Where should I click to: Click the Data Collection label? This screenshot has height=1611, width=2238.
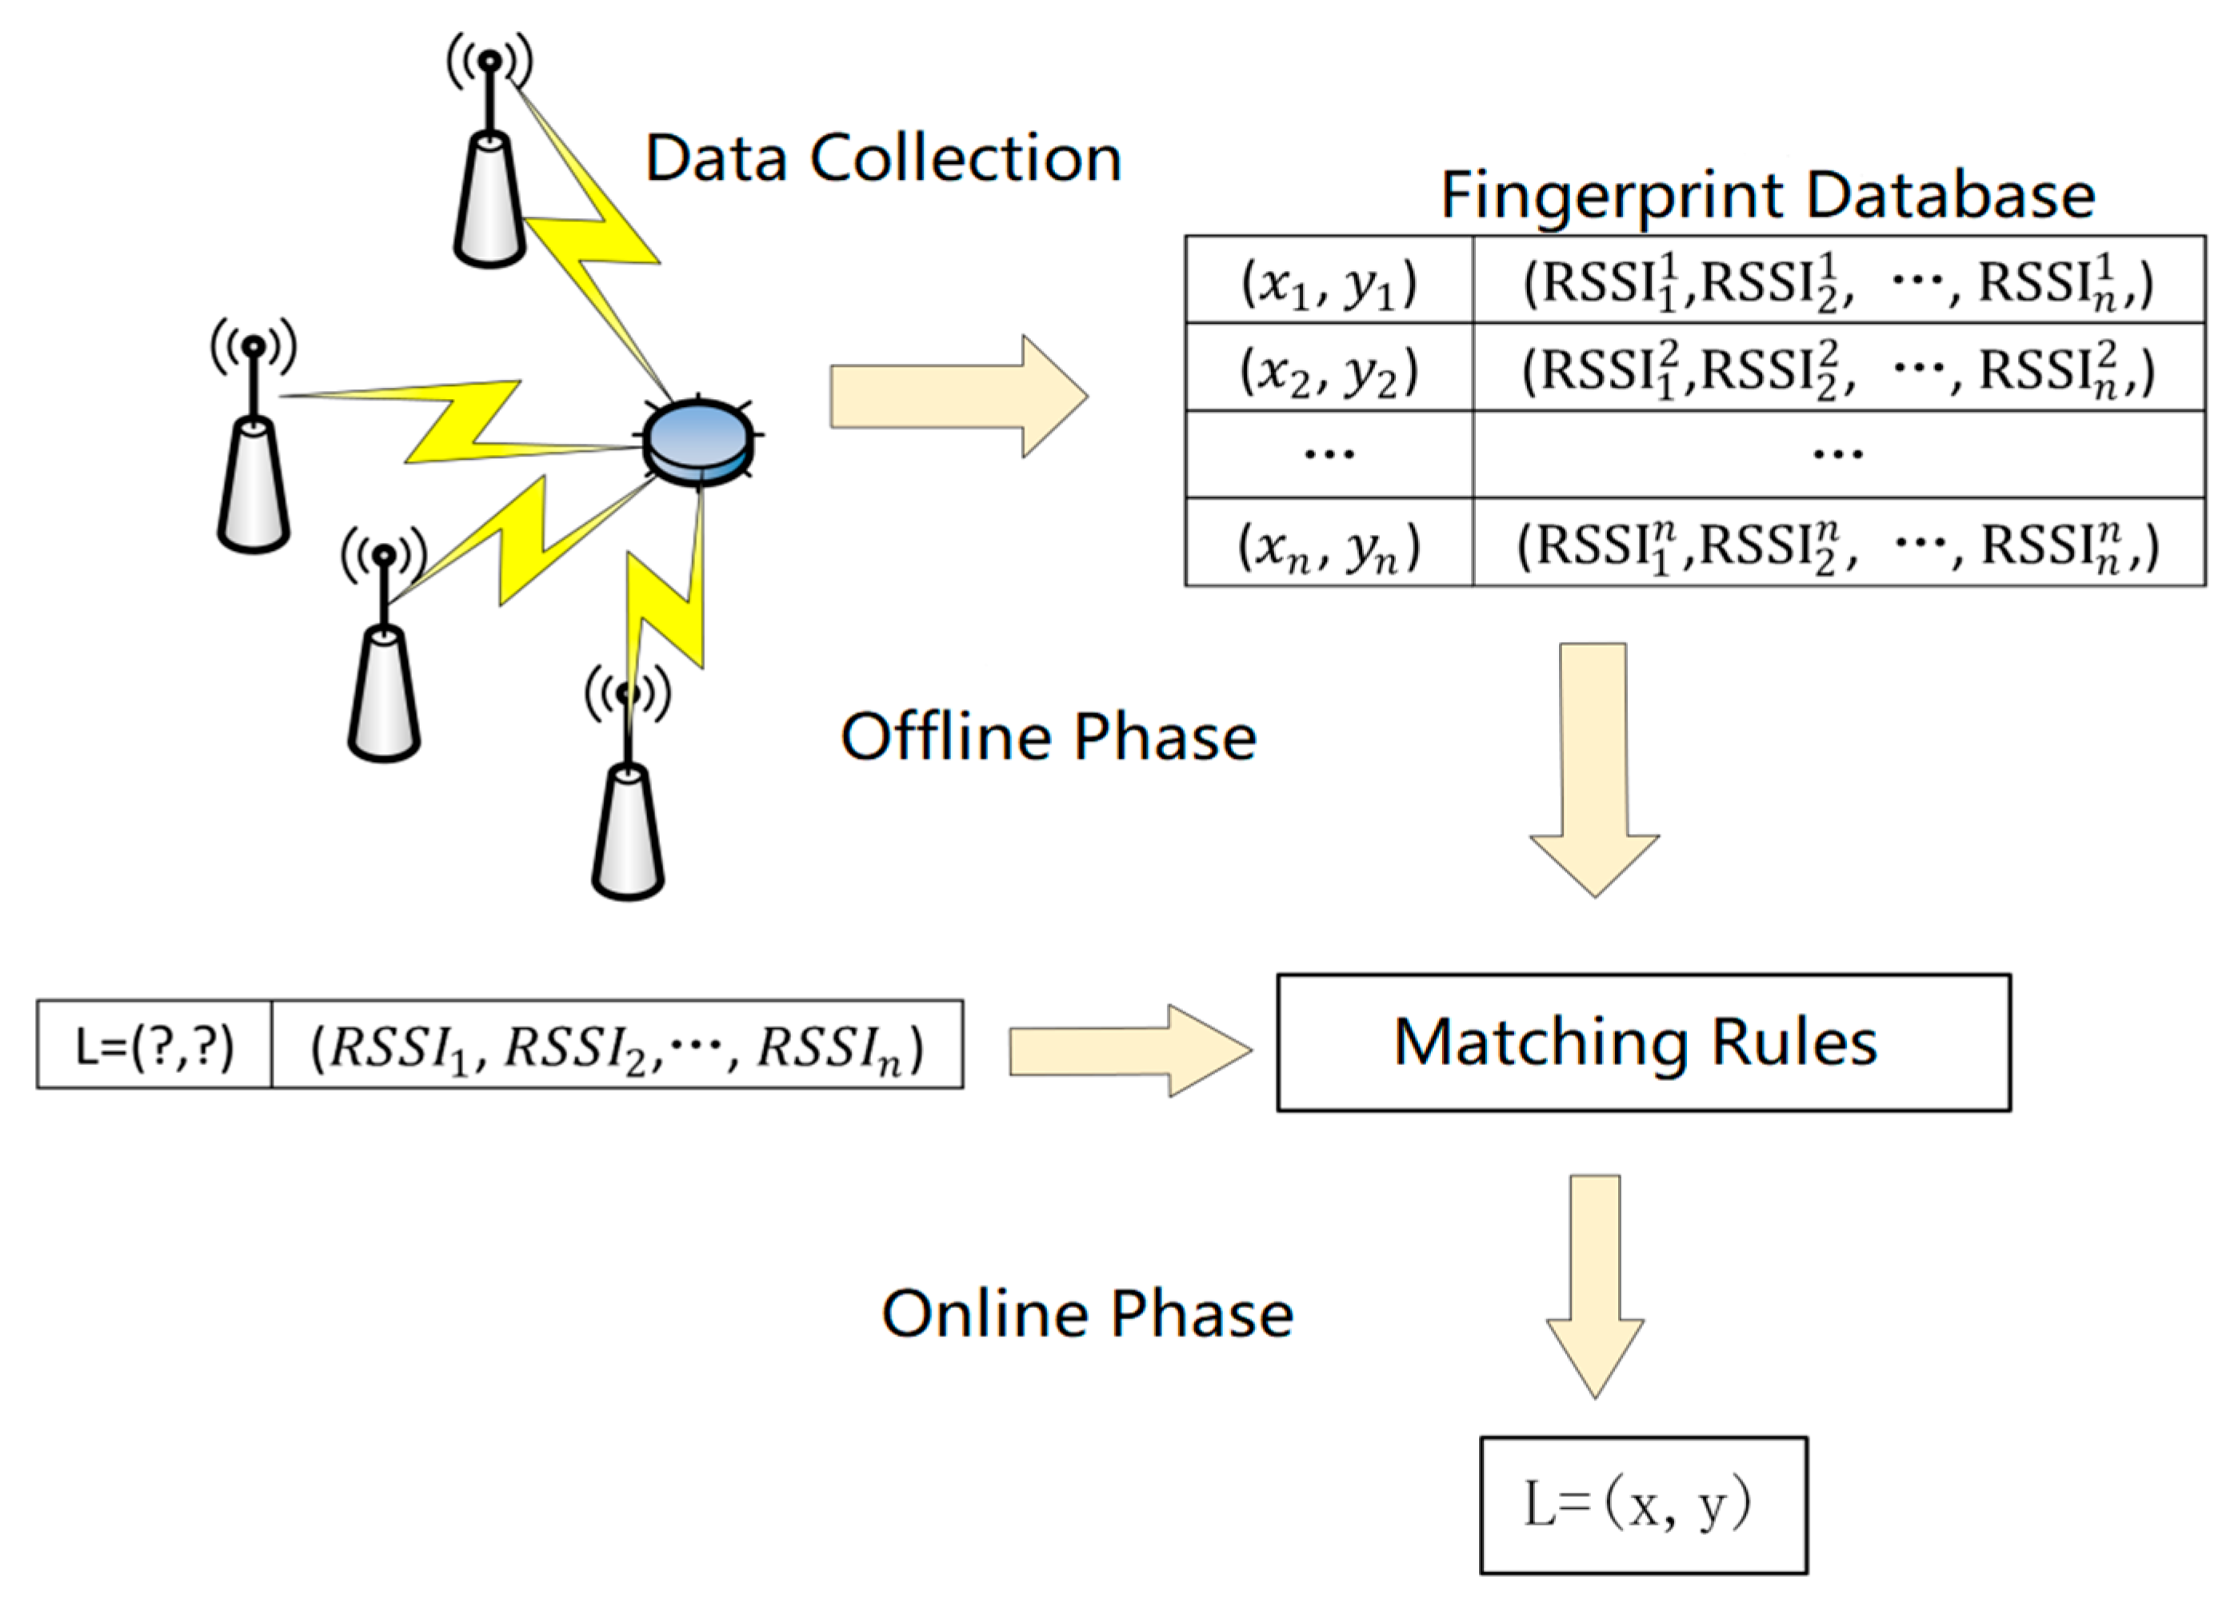(x=882, y=158)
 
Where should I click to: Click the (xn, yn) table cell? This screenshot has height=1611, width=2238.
(x=1329, y=544)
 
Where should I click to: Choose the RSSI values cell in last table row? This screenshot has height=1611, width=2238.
(x=1837, y=544)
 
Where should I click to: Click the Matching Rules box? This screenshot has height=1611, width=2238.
(x=1643, y=1043)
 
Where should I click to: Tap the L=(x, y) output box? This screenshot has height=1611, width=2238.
(x=1643, y=1505)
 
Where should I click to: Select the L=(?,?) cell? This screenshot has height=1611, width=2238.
(x=155, y=1046)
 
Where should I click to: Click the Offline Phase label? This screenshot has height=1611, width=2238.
(x=1048, y=737)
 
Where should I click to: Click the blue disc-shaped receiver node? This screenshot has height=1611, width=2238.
(x=697, y=441)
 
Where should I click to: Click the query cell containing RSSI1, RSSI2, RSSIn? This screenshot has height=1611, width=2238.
(x=617, y=1046)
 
